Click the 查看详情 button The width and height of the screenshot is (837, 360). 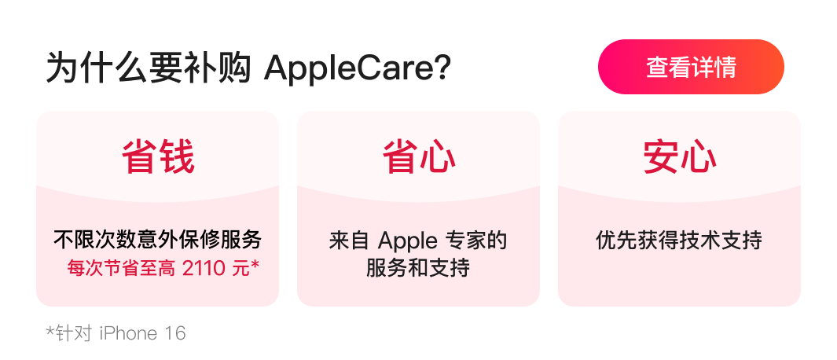point(691,67)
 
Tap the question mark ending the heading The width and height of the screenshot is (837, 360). point(444,68)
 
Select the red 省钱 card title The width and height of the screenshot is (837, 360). point(157,156)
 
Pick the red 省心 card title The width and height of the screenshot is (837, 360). point(418,156)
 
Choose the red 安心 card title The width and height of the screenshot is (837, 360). point(680,156)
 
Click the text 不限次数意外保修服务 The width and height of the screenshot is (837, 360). point(157,240)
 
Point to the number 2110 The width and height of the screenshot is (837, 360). point(204,268)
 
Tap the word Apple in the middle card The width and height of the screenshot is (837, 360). point(408,241)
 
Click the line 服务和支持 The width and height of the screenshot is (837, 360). point(418,267)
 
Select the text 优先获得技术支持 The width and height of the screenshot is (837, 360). point(679,241)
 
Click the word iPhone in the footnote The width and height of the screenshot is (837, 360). point(128,333)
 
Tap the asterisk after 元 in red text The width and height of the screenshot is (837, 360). point(255,264)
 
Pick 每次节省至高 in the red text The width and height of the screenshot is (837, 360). point(121,268)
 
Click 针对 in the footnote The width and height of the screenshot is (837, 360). point(75,333)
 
